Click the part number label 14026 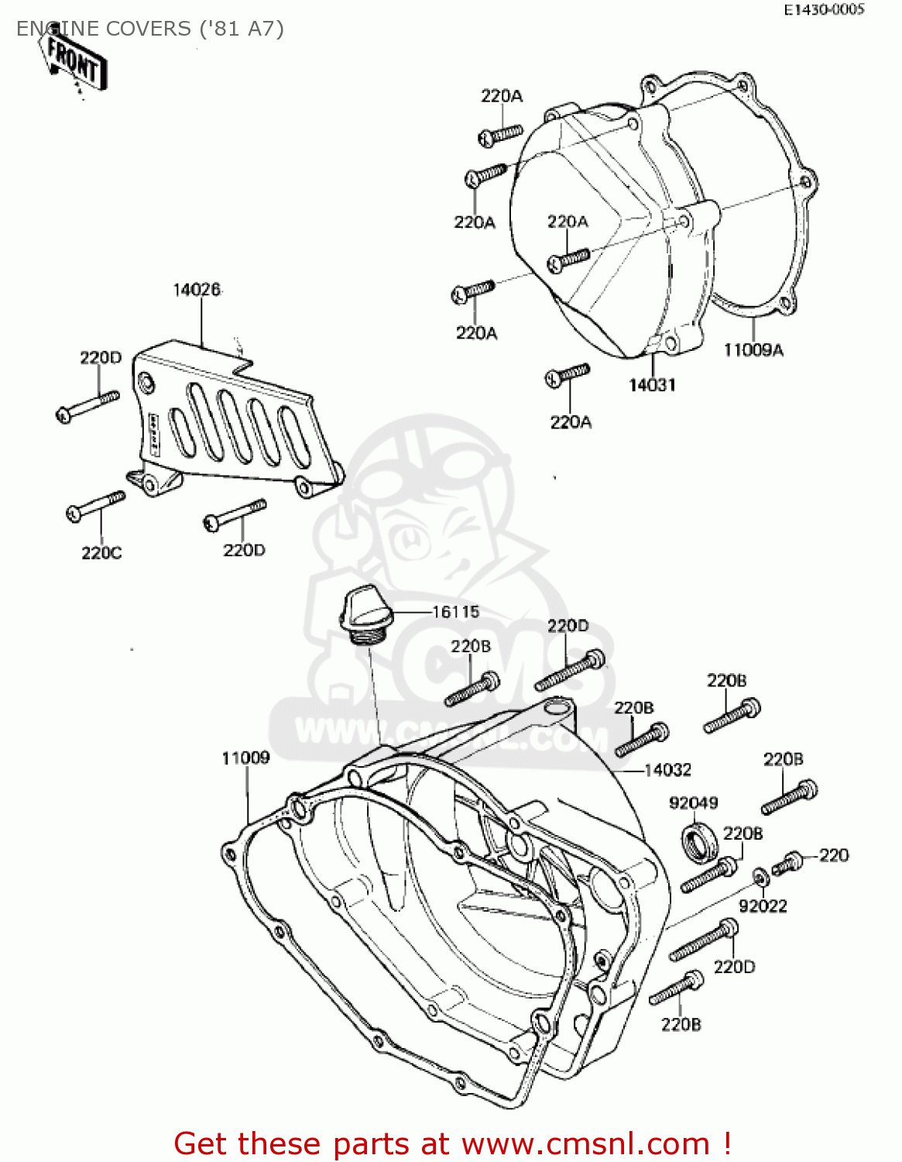click(197, 290)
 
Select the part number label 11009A click(753, 350)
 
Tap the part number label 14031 click(652, 385)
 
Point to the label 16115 click(455, 612)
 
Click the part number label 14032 click(667, 770)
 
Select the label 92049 click(693, 803)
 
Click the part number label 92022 click(763, 906)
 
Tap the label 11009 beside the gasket click(245, 758)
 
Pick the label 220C click(101, 553)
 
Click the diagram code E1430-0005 click(824, 10)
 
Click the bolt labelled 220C click(95, 505)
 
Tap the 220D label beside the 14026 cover click(101, 358)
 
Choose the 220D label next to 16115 click(568, 626)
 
